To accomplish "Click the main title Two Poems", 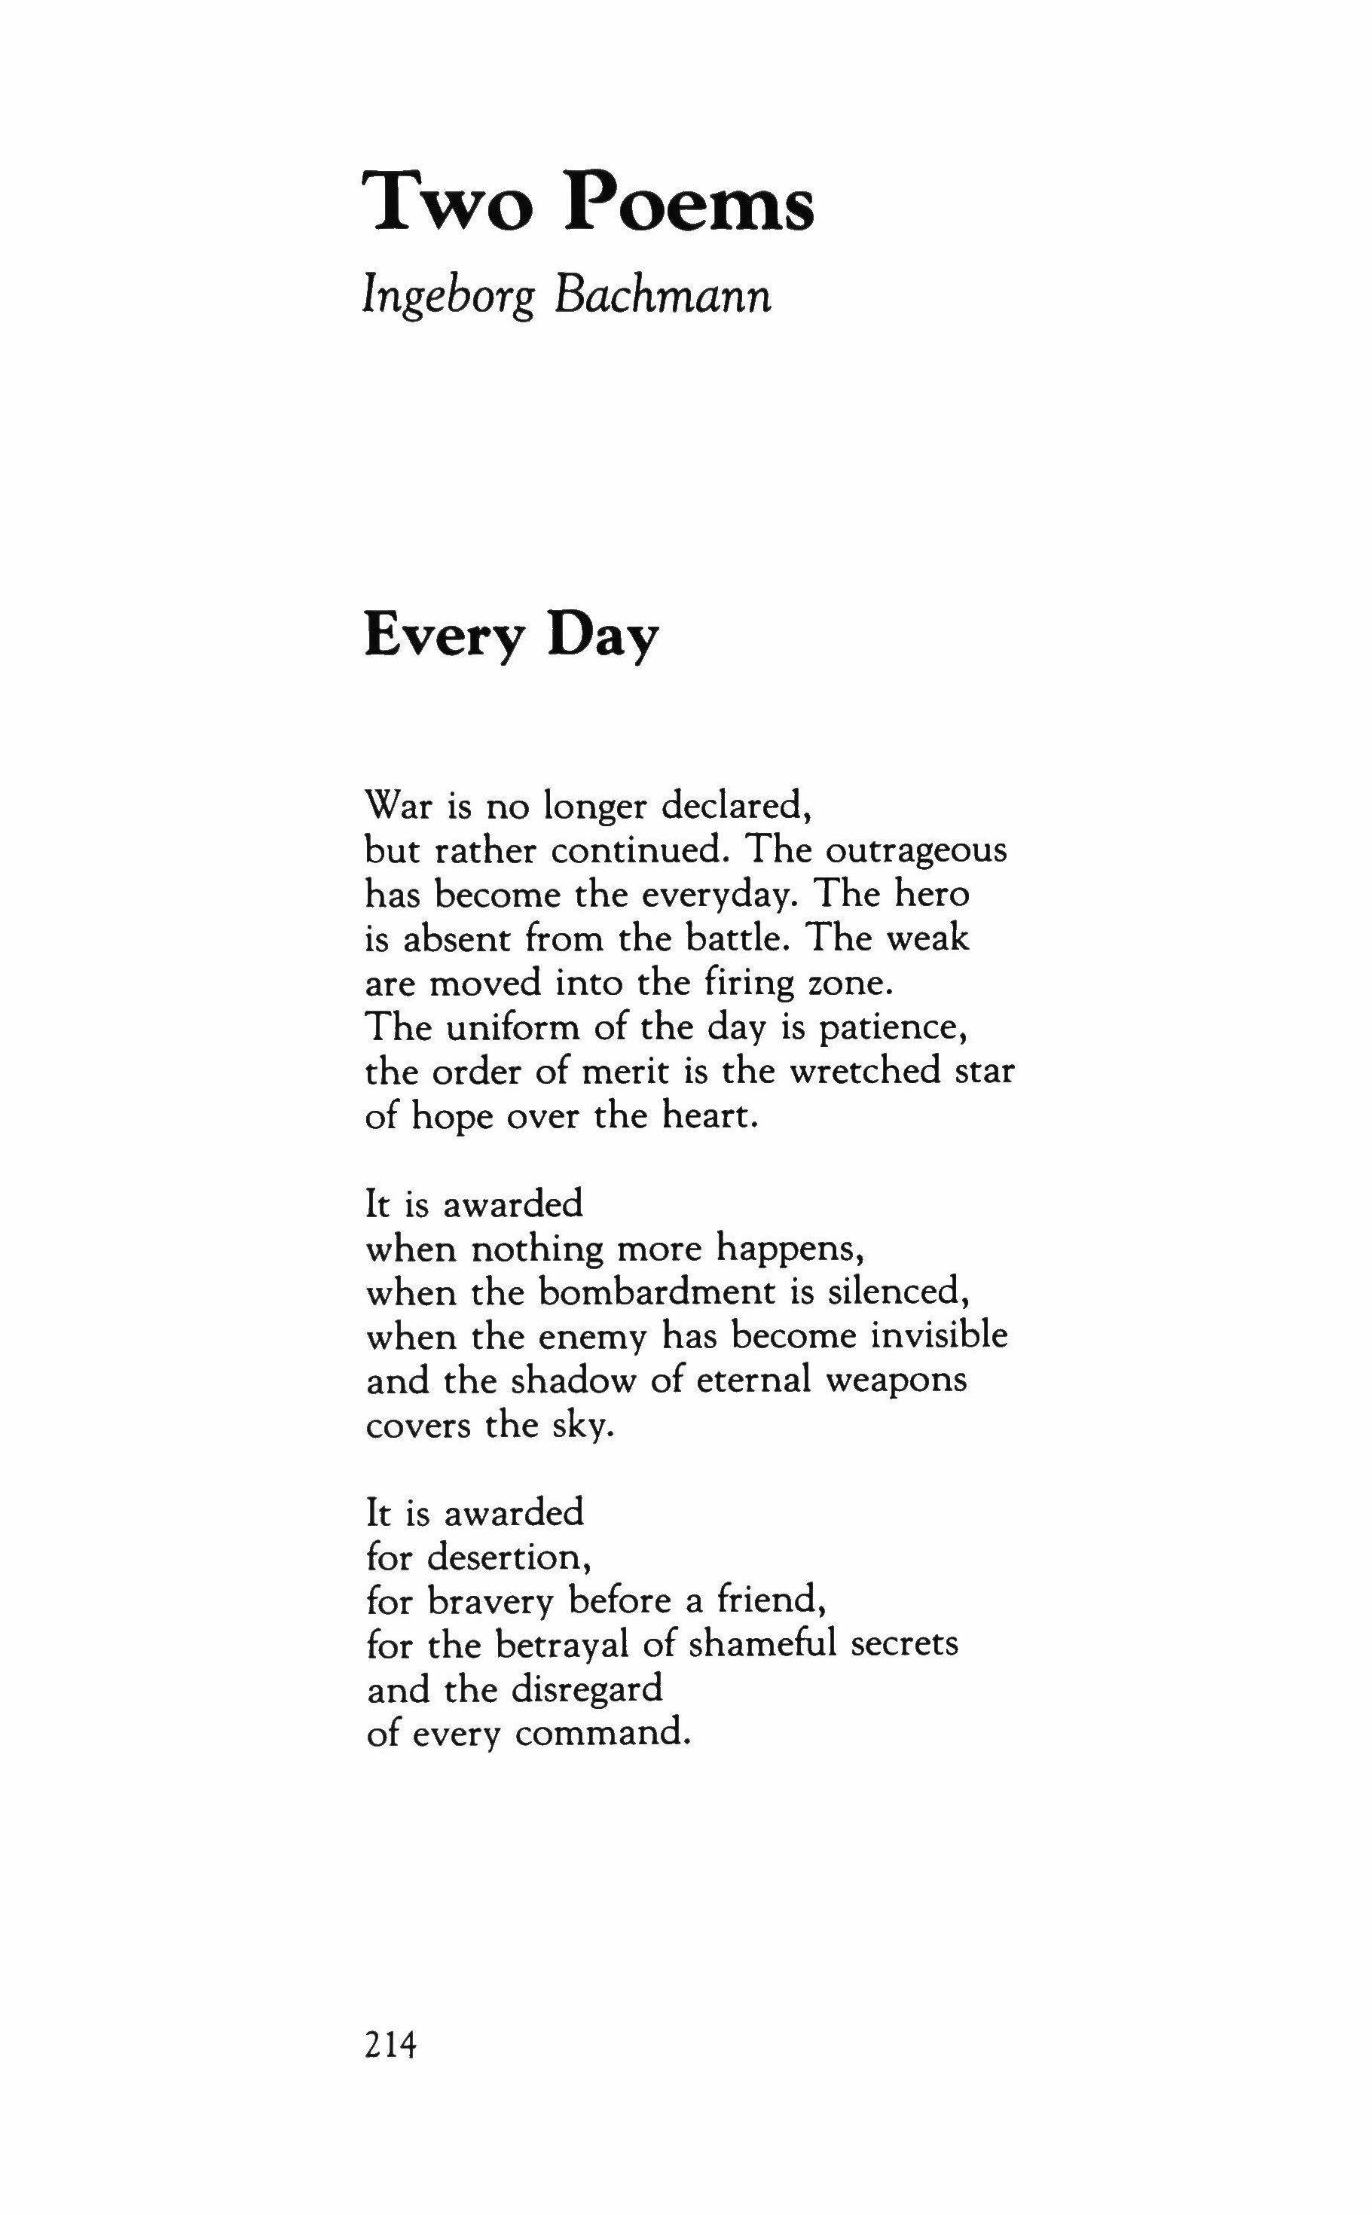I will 588,201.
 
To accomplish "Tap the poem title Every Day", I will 511,638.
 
